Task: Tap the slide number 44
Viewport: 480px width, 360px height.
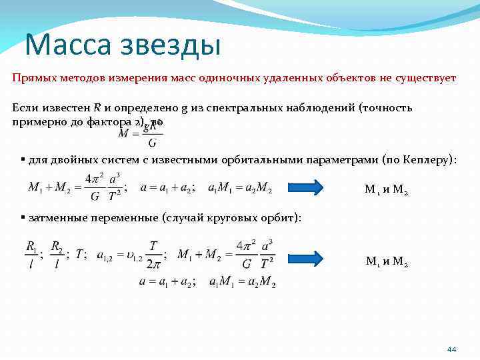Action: (x=452, y=349)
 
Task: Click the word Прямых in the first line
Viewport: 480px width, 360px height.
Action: (x=31, y=77)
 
